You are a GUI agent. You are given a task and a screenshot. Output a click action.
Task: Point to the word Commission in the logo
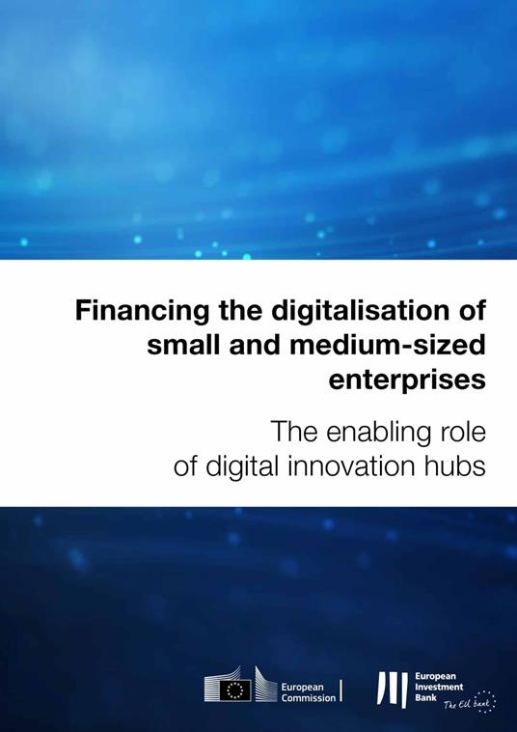pyautogui.click(x=309, y=696)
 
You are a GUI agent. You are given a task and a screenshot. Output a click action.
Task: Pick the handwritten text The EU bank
pyautogui.click(x=463, y=707)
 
